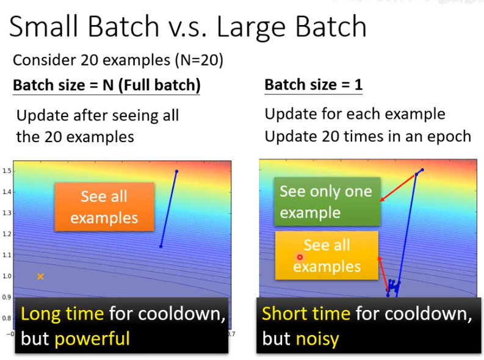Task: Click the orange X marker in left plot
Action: (x=40, y=276)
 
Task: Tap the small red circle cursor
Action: (x=300, y=257)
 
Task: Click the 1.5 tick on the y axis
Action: (x=7, y=171)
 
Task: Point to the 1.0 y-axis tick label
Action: (x=7, y=276)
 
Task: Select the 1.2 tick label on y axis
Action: (x=7, y=234)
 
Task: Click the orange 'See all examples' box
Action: (x=104, y=207)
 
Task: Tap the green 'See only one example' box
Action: (x=327, y=201)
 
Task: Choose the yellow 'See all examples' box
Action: (x=327, y=256)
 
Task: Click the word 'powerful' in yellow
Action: (x=92, y=339)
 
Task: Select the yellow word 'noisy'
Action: (x=317, y=339)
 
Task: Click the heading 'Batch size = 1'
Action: (x=313, y=85)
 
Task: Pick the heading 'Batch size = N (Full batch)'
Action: (x=106, y=85)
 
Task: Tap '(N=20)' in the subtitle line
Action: (x=199, y=60)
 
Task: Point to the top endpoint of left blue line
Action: (x=176, y=171)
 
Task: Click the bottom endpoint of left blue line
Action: (x=161, y=246)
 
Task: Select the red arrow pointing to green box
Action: (x=398, y=188)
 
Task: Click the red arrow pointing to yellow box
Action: (x=383, y=273)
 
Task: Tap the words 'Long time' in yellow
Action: (x=62, y=314)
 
